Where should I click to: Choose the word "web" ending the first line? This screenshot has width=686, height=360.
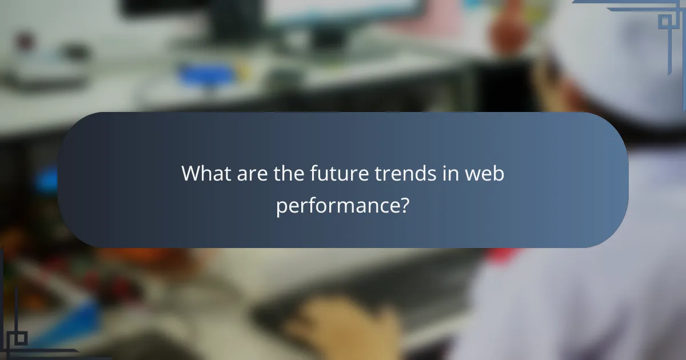[x=485, y=173]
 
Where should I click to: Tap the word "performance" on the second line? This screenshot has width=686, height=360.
[x=337, y=206]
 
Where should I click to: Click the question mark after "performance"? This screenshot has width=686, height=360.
[x=404, y=205]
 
